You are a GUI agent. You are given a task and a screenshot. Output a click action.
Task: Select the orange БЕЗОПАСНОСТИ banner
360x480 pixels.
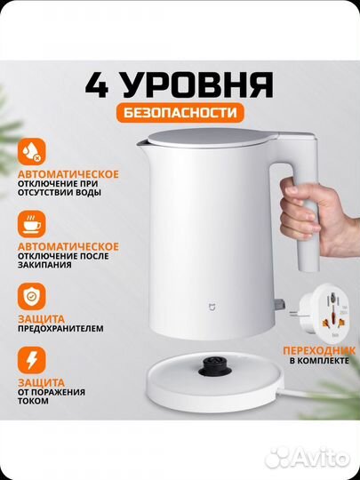click(x=180, y=114)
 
